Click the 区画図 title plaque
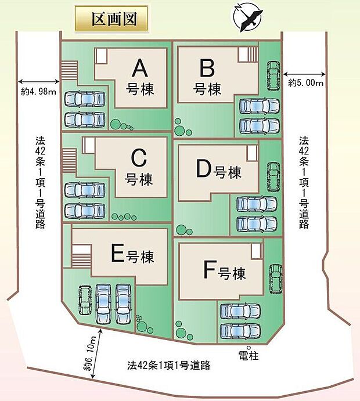(x=111, y=19)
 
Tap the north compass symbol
(x=248, y=17)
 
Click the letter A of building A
(x=140, y=68)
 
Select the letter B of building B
(x=207, y=67)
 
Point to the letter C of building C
(x=139, y=158)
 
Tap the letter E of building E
(x=118, y=252)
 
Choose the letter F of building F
(x=210, y=269)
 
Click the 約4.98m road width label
(x=38, y=91)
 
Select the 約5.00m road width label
(x=306, y=82)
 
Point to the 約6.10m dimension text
(x=89, y=353)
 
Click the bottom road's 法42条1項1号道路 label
(x=169, y=365)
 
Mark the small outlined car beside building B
(x=273, y=75)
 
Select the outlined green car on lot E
(x=85, y=300)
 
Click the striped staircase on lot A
(x=69, y=70)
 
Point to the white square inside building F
(x=256, y=251)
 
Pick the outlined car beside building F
(x=276, y=279)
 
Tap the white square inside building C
(x=88, y=146)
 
